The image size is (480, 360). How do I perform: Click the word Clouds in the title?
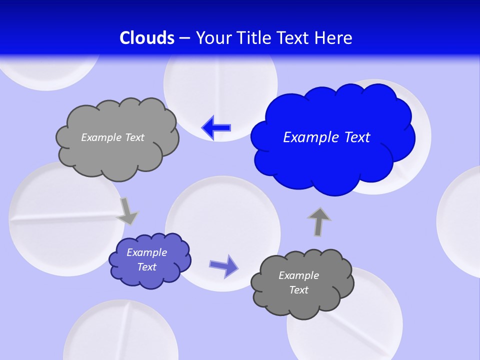(147, 37)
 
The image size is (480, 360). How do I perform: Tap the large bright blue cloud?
(330, 150)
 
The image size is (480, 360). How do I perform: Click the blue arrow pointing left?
(216, 127)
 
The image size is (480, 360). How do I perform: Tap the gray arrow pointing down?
(127, 211)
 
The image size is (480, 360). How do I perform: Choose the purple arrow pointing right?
(223, 265)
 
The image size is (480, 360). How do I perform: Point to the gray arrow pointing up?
(319, 222)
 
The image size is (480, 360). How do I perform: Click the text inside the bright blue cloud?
(326, 137)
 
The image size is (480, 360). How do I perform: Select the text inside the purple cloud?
(146, 259)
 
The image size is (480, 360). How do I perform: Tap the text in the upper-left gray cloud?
(112, 137)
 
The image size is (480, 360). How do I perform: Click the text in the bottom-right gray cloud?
(298, 282)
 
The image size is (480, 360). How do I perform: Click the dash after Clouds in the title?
(184, 38)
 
